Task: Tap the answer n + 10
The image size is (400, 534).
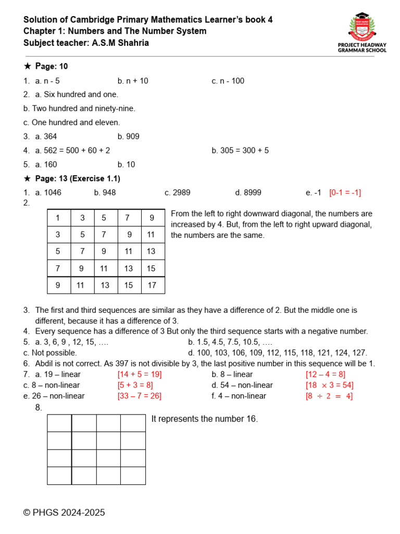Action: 133,81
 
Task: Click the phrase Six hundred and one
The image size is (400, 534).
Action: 81,94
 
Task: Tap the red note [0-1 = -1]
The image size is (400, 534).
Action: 345,192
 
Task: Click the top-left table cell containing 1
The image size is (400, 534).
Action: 58,218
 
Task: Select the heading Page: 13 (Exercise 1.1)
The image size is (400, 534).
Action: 78,179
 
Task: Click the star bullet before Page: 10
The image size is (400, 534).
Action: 28,67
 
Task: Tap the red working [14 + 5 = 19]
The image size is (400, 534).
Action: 140,374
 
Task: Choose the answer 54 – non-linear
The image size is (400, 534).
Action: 242,385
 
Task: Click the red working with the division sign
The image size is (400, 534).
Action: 329,396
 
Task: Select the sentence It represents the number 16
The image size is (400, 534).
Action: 205,419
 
